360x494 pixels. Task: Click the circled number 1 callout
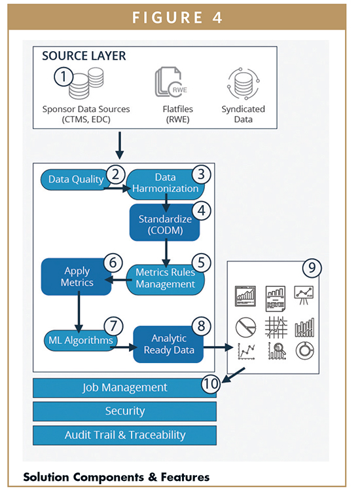click(x=63, y=77)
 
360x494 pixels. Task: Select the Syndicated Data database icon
click(x=243, y=84)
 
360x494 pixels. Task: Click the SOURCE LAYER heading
click(x=84, y=56)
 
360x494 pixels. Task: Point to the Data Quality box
click(x=75, y=180)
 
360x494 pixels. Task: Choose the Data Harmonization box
click(x=165, y=183)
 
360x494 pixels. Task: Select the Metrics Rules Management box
click(x=165, y=278)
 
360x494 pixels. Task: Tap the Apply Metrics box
click(x=77, y=277)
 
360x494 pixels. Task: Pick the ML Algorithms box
click(x=81, y=341)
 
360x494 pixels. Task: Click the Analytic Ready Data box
click(x=168, y=345)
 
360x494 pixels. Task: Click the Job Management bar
click(x=124, y=387)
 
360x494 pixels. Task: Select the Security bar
click(x=124, y=411)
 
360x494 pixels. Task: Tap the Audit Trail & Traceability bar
click(x=124, y=435)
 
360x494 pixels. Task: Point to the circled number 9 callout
click(x=312, y=267)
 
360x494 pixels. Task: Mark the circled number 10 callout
click(x=211, y=384)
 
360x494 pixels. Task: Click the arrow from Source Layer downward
click(x=120, y=145)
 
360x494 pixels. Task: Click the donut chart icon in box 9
click(x=304, y=351)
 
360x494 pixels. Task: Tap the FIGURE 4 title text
click(x=177, y=17)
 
